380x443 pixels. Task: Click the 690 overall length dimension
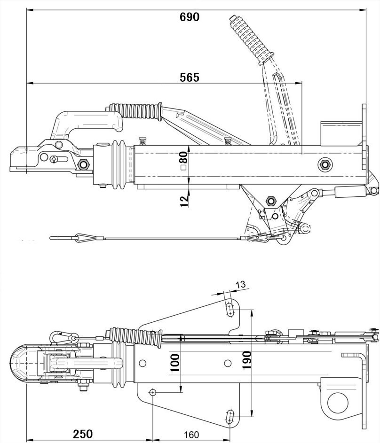[190, 17]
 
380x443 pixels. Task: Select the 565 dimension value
[190, 78]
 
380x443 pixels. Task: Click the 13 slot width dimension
[240, 284]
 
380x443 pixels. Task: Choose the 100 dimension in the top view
[175, 363]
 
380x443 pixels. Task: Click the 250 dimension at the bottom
[82, 434]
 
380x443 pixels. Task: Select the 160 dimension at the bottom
[191, 434]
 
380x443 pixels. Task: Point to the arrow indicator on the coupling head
[55, 158]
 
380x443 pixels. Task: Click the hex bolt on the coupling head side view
[85, 165]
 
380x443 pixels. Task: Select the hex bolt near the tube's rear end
[324, 164]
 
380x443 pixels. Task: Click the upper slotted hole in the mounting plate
[230, 310]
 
